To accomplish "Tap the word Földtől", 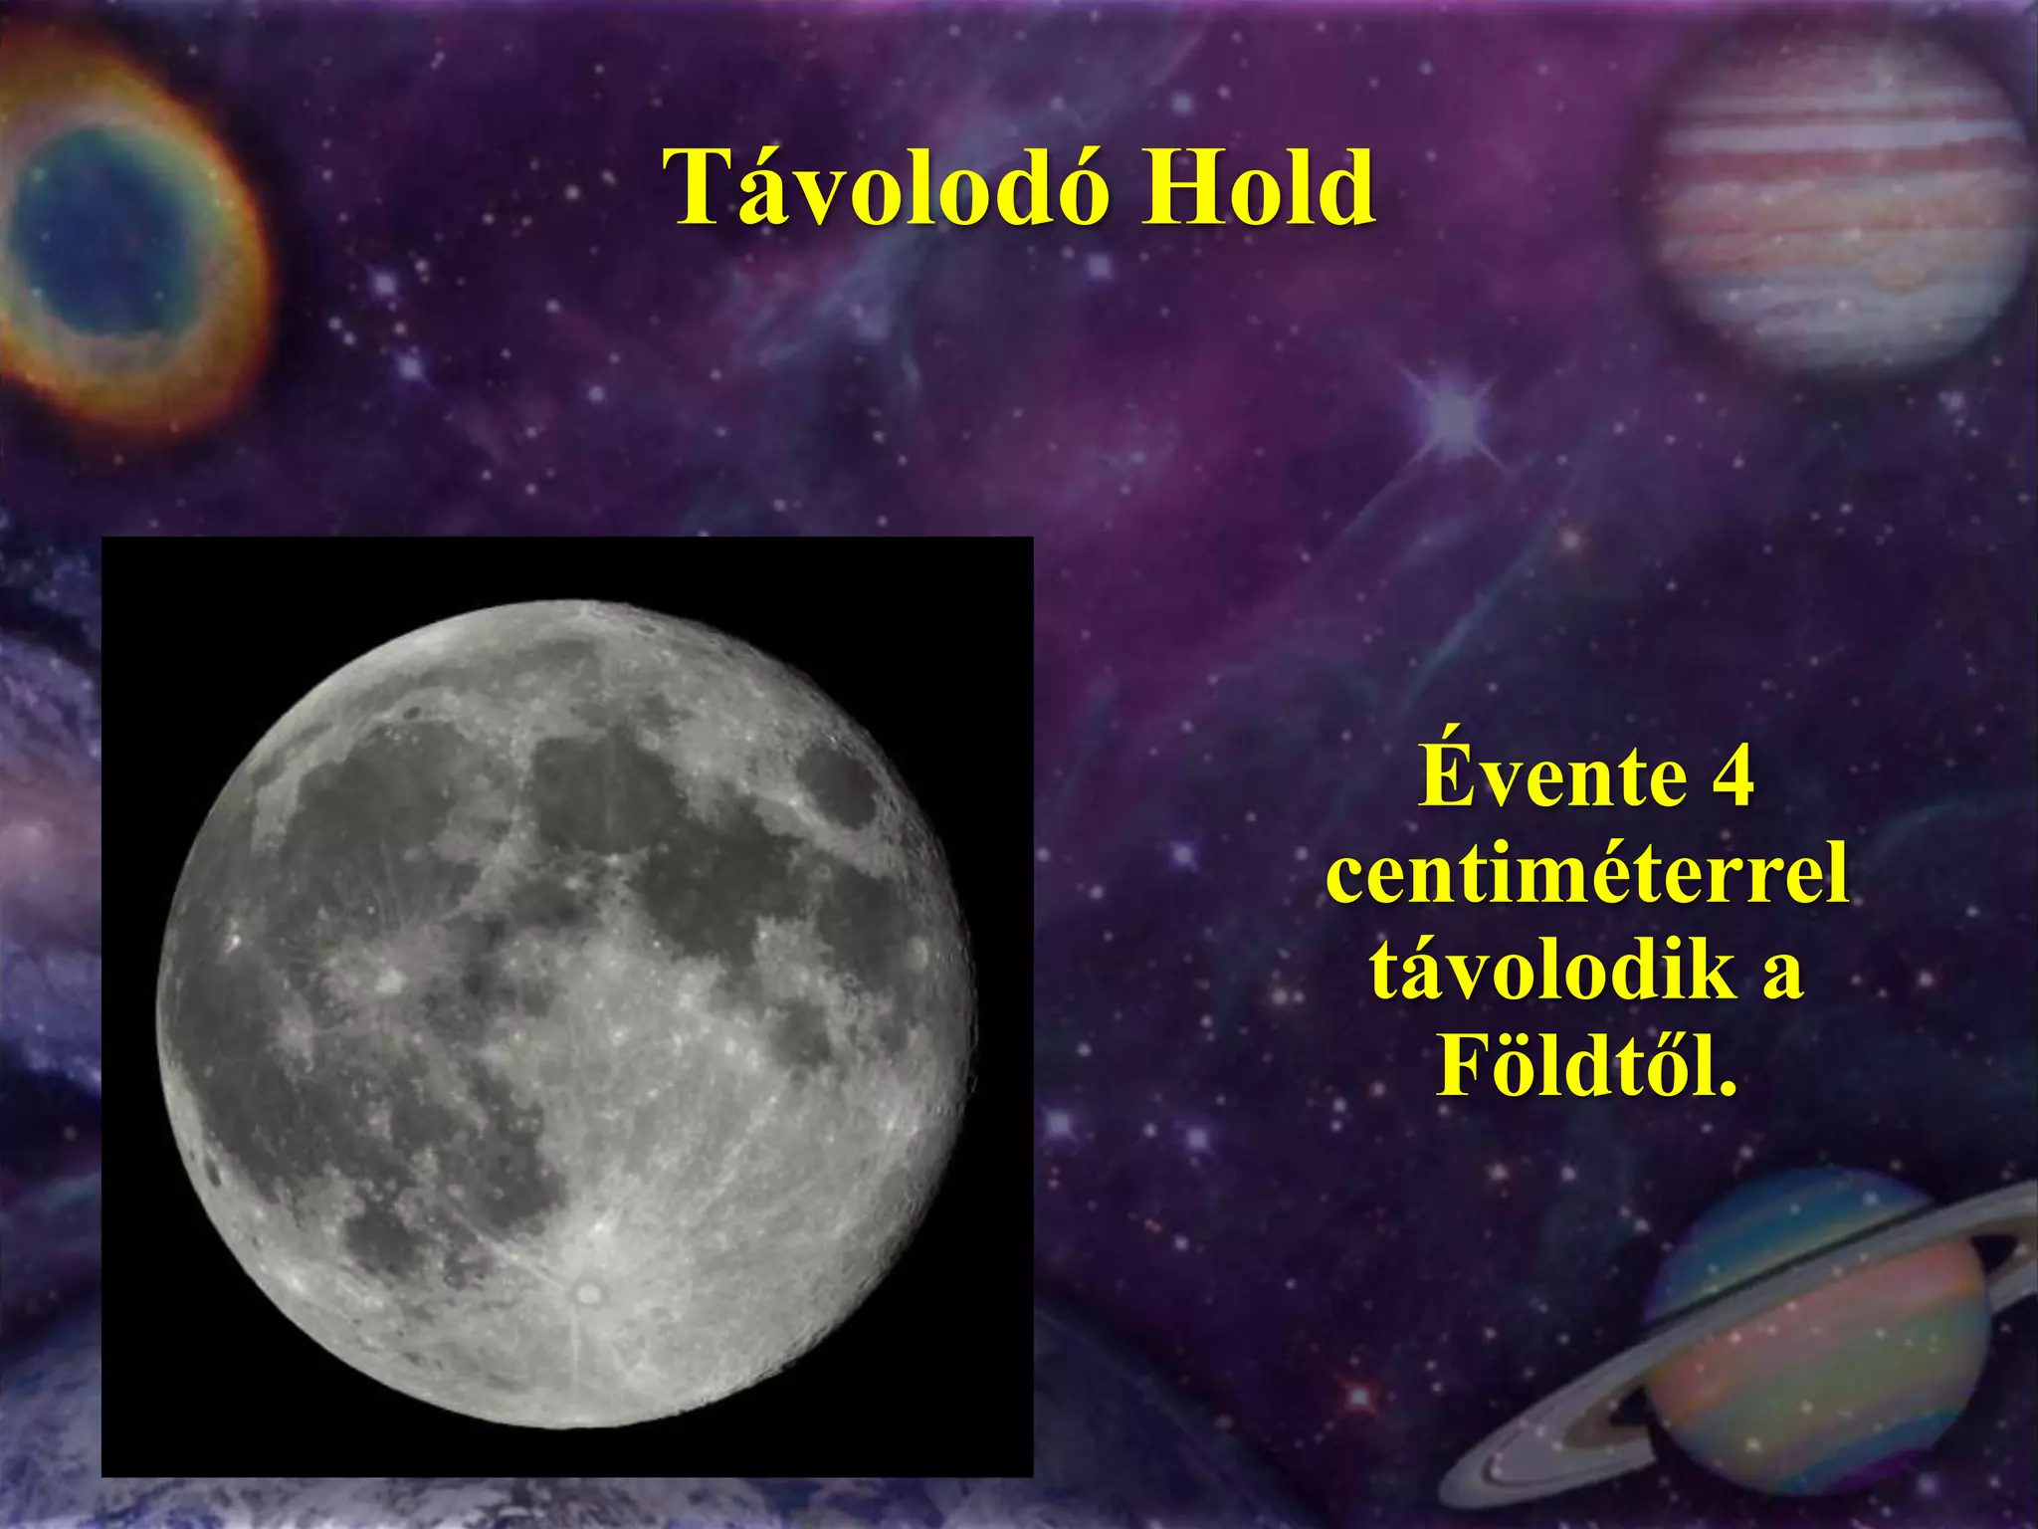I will tap(1586, 1066).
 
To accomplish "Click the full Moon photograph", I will tap(567, 1005).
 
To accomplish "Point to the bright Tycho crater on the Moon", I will tap(588, 1293).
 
